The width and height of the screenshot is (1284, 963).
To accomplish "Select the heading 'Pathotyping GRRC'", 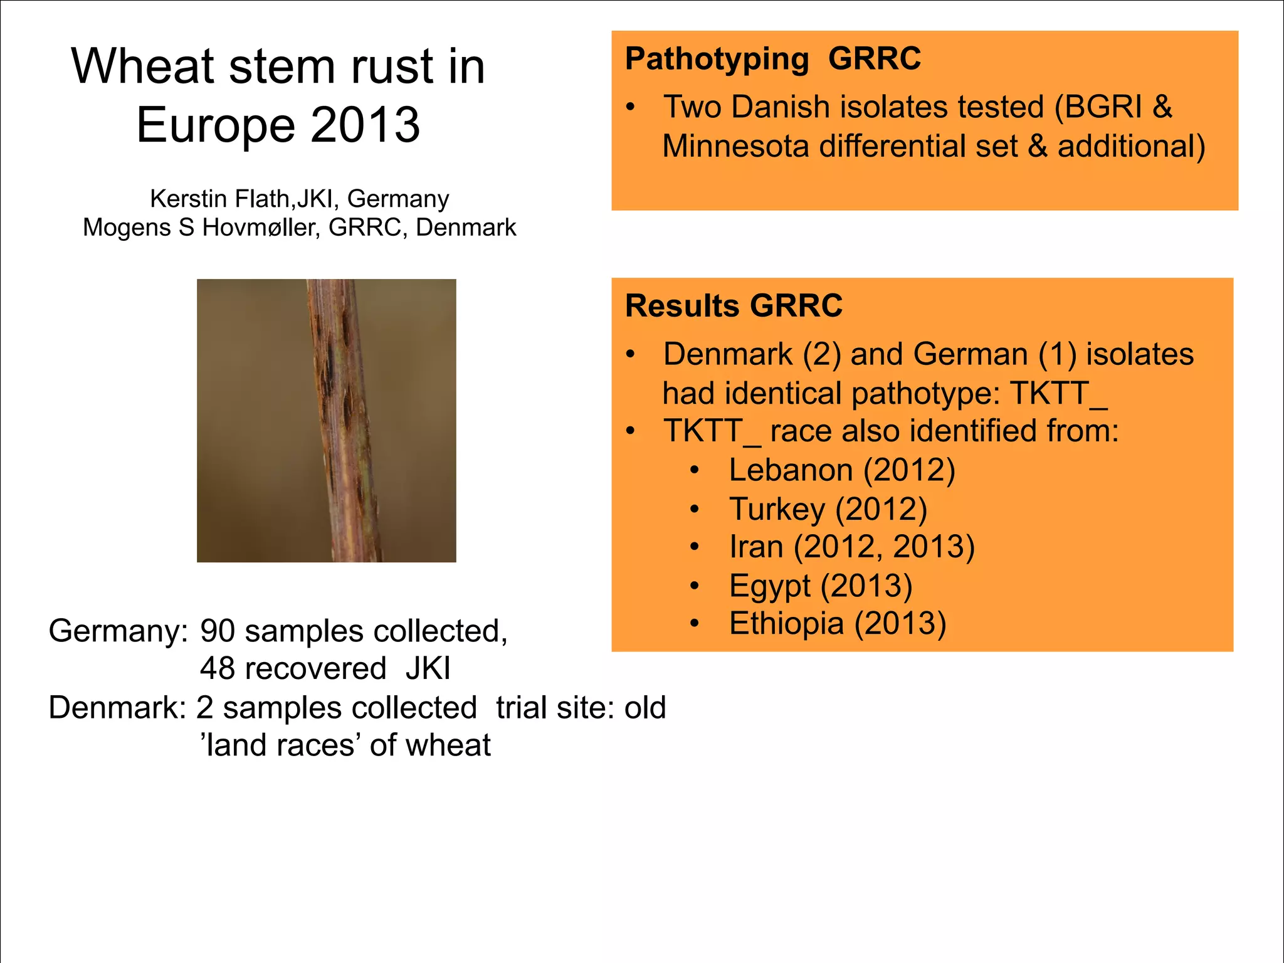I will (772, 59).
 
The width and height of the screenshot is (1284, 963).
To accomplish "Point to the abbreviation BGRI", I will (1103, 107).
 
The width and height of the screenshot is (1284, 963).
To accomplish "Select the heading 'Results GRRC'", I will (734, 306).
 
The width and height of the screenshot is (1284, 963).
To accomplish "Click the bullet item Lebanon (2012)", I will (841, 470).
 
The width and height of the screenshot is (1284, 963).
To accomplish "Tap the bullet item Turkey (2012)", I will (828, 508).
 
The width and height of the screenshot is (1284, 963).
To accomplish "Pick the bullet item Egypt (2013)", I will (820, 586).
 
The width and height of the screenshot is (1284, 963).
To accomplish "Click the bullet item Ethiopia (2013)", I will (837, 624).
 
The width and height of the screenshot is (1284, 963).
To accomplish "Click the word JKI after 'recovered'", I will (428, 669).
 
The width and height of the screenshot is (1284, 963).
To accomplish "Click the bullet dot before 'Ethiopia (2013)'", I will (694, 623).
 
